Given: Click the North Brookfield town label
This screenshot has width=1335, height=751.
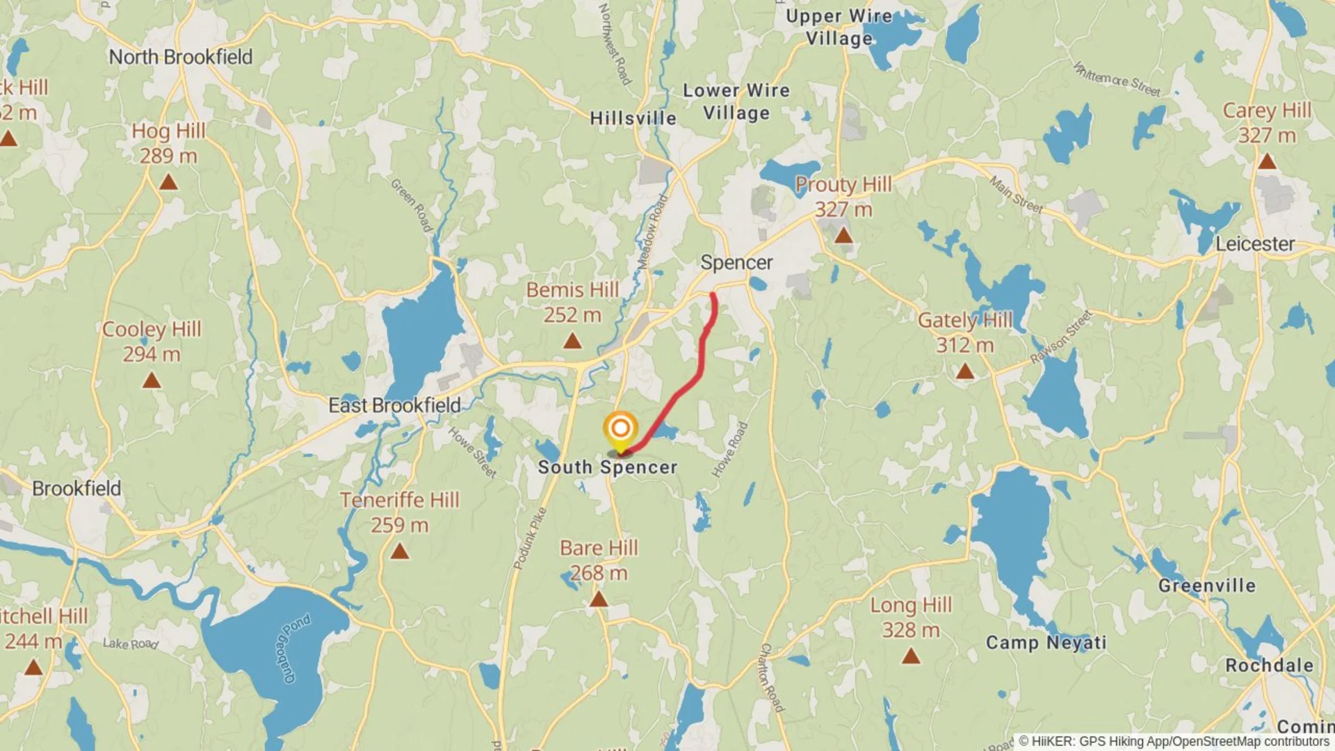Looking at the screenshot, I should pos(180,57).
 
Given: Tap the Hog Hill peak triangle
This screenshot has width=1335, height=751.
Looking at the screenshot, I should pos(168,183).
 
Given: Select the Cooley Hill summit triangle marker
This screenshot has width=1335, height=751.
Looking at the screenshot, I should pos(152,381).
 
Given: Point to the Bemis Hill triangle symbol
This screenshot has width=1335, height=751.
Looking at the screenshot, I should pos(572,341).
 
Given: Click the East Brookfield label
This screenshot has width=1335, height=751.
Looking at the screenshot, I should pos(394,405).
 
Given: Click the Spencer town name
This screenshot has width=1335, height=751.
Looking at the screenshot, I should pos(736,263).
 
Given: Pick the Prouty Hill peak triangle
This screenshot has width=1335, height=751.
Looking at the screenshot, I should pos(843,236).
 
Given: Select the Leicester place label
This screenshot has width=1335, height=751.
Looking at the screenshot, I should pos(1255,244).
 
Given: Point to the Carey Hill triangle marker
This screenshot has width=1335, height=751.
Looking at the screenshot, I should pos(1267,162).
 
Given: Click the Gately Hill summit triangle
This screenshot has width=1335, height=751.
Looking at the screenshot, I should pos(964,372).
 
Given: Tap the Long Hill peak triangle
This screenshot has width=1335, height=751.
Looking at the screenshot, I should pos(911,656).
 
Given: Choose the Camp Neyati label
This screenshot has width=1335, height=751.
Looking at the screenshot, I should pos(1046,643).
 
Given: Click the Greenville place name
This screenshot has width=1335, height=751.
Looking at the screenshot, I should pos(1207,586).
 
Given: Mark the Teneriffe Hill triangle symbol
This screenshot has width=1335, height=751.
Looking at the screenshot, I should pos(399,551).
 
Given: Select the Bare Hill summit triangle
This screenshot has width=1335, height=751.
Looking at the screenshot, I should pos(599,599).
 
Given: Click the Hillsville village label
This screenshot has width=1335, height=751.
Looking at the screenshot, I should pos(633,118).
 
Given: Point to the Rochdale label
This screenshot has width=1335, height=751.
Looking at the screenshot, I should pos(1269,665).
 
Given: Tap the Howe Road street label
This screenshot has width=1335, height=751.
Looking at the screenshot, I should pos(729,450).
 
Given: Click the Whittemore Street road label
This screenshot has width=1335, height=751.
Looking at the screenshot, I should pos(1117,79).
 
